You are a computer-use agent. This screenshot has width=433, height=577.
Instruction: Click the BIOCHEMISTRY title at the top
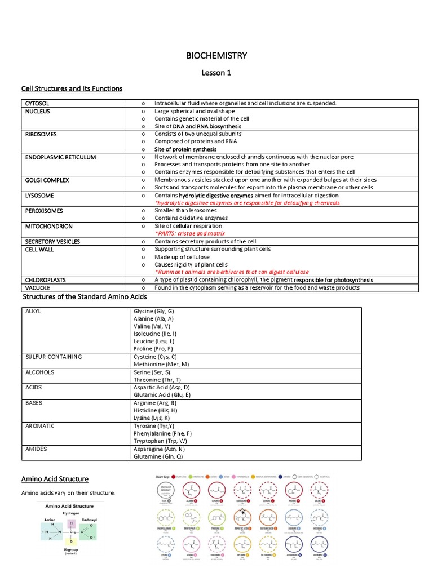[216, 55]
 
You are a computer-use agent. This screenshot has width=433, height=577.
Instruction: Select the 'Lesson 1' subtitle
[216, 73]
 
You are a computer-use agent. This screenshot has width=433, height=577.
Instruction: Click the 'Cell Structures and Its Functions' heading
[72, 89]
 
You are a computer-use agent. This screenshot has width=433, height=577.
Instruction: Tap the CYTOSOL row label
[37, 104]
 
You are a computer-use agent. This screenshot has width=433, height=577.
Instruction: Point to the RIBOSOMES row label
[41, 135]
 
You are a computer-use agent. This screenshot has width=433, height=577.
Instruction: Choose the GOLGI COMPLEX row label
[47, 180]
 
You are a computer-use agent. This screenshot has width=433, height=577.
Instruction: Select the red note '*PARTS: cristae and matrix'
[189, 233]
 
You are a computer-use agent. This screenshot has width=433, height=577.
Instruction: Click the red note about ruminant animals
[232, 272]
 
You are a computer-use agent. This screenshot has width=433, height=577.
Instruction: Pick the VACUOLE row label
[38, 287]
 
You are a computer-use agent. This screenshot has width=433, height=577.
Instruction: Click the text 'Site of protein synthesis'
[185, 149]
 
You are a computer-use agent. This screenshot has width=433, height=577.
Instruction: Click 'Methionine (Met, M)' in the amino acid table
[161, 365]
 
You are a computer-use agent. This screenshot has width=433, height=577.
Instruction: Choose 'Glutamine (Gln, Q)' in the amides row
[158, 457]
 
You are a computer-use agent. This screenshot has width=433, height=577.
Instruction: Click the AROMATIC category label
[40, 426]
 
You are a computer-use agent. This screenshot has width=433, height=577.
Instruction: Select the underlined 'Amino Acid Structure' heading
[55, 479]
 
